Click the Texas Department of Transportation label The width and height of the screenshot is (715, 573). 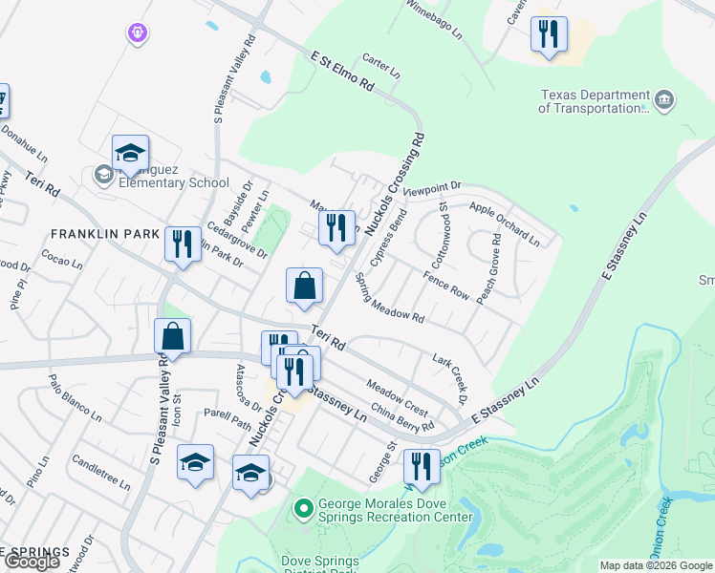(594, 101)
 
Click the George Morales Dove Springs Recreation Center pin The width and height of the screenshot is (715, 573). (304, 508)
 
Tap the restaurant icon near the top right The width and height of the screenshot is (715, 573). (549, 35)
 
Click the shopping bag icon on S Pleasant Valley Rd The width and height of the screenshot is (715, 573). (172, 336)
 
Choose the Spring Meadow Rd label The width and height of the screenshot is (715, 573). (389, 297)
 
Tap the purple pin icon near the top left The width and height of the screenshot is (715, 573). (139, 32)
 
